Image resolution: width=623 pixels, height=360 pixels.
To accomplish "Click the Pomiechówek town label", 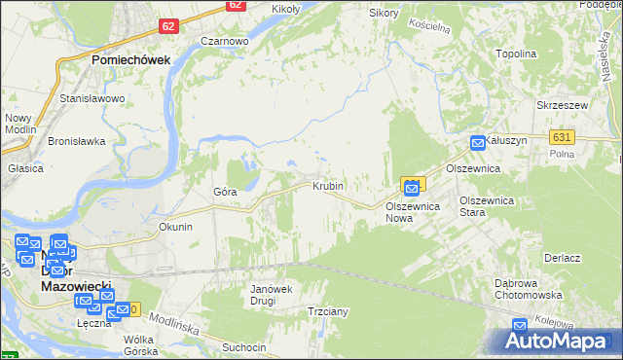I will [x=131, y=59].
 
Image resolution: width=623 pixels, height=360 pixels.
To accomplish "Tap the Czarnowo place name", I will [x=225, y=42].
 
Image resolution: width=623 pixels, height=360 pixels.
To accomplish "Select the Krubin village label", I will [x=328, y=185].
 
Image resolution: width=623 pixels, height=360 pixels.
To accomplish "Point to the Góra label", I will [x=225, y=192].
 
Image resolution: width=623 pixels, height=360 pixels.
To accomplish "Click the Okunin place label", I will [x=175, y=227].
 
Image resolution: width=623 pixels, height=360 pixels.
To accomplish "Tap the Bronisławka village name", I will [x=77, y=141].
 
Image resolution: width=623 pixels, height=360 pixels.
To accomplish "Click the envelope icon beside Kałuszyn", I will [x=478, y=144].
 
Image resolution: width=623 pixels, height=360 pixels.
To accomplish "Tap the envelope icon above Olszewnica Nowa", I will [x=413, y=186].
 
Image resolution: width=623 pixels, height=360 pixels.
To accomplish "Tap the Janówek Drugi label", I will [x=272, y=295].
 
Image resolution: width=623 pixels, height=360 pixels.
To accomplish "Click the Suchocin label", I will [x=243, y=347].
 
